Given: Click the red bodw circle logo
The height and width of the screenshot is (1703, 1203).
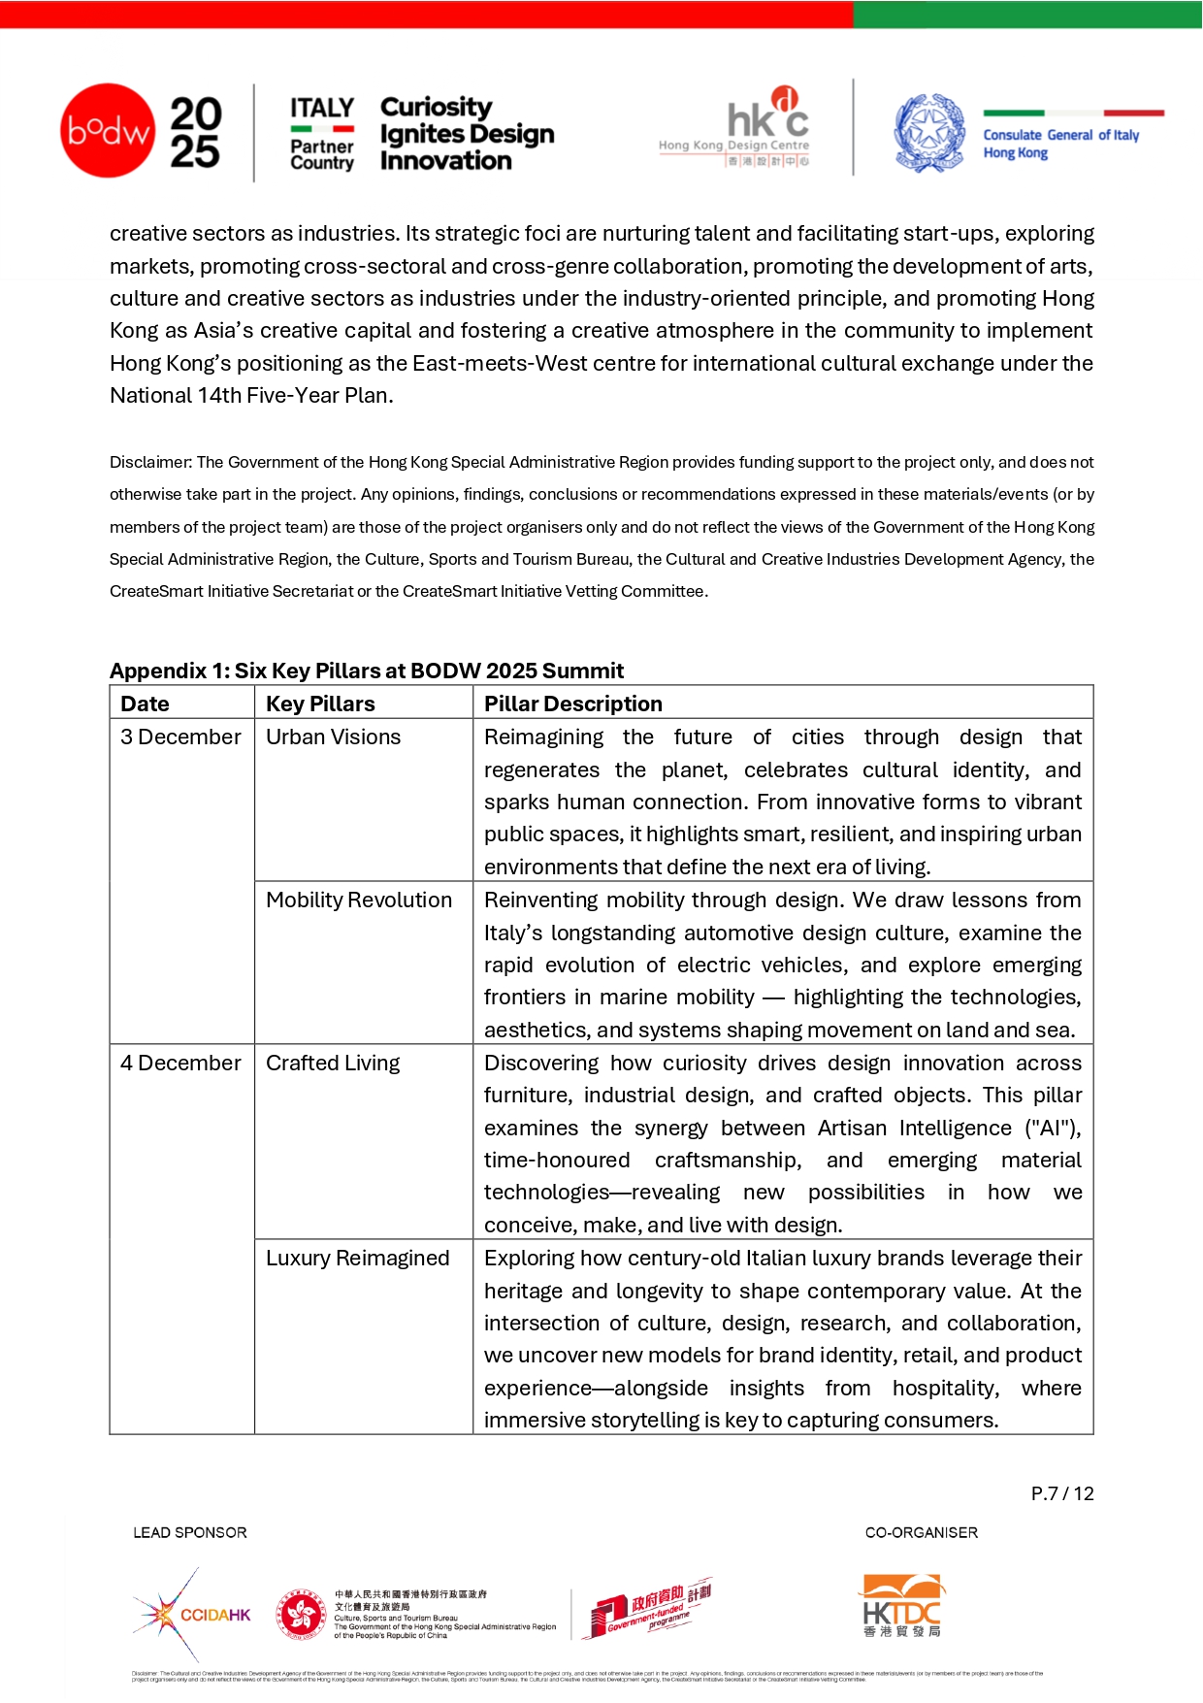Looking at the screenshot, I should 108,131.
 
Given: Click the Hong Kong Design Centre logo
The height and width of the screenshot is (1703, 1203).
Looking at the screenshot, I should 734,127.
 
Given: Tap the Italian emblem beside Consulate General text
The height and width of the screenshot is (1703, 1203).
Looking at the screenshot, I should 928,133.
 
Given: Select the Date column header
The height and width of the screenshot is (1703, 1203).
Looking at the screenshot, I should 146,704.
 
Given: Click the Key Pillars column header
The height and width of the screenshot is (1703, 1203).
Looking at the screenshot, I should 320,704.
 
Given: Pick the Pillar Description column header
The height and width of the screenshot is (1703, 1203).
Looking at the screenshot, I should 573,704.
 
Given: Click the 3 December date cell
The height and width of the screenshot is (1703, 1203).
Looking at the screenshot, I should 180,737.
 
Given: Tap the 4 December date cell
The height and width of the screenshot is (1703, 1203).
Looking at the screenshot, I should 180,1064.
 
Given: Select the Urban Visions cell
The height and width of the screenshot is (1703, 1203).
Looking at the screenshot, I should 333,737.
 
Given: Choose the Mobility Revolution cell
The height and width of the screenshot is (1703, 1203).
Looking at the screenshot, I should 359,901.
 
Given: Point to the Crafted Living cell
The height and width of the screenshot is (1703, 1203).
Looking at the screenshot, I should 333,1064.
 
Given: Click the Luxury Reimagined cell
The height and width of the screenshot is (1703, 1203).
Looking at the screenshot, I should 358,1259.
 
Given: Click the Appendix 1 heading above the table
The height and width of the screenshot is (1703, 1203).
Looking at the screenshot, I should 367,671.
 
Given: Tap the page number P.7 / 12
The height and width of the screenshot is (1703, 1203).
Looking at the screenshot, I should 1062,1493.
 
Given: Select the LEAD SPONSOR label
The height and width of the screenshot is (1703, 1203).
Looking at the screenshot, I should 190,1533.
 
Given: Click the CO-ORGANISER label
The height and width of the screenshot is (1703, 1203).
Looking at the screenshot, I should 922,1533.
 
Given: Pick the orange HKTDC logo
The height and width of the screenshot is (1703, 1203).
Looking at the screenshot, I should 902,1606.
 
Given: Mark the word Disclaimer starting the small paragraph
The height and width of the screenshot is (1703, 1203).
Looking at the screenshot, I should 150,463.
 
